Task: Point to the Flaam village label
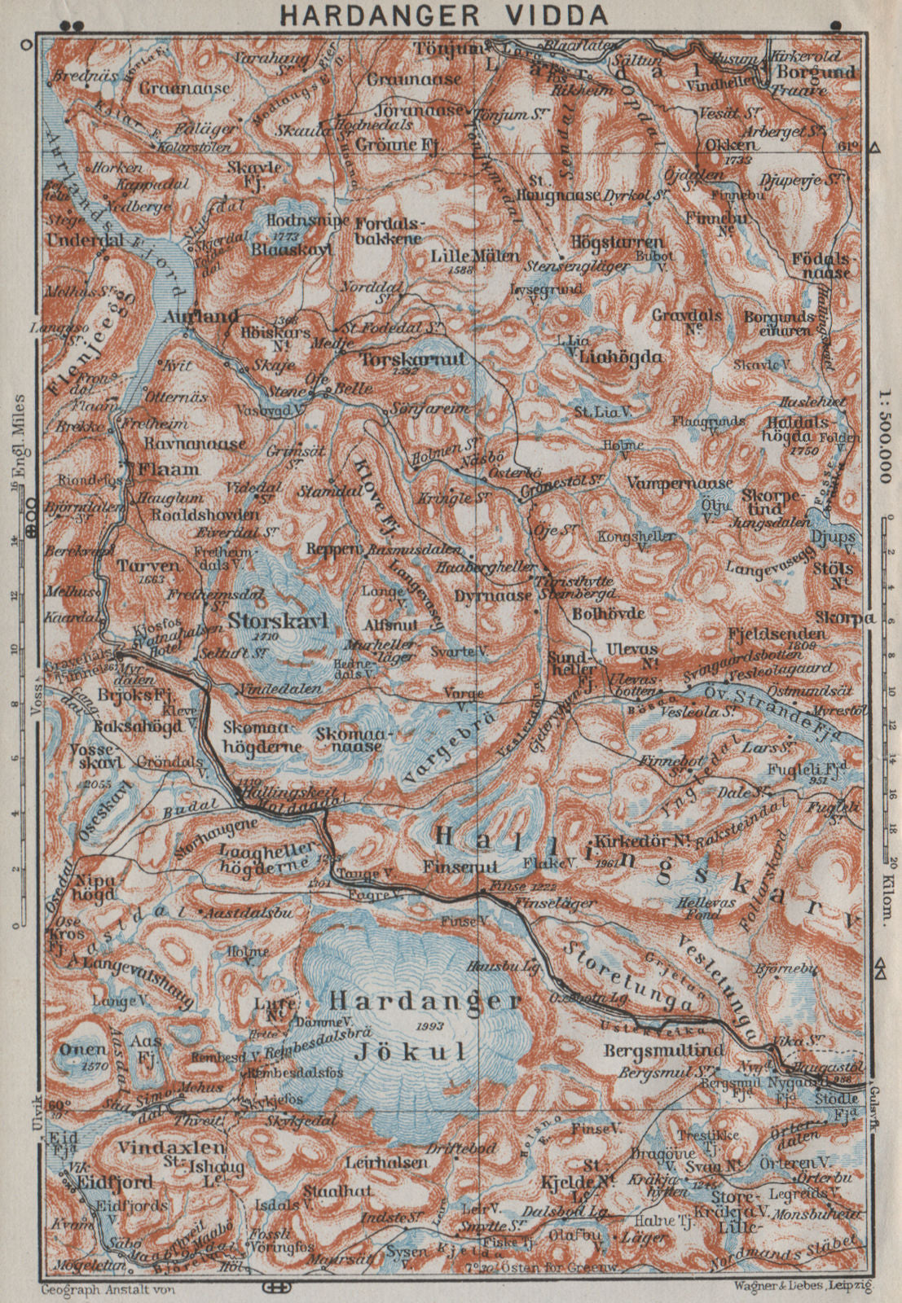[169, 470]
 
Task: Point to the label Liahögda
[620, 356]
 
